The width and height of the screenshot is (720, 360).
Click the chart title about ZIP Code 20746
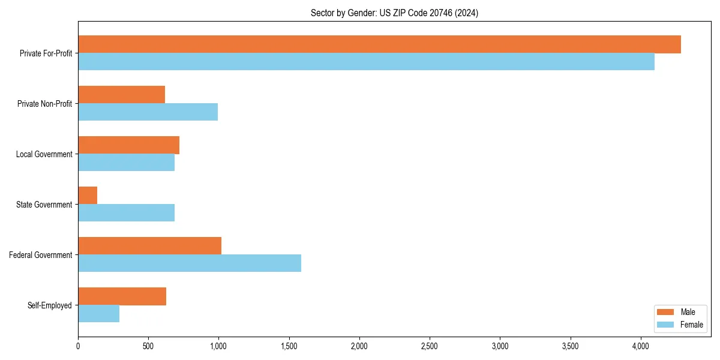pos(394,13)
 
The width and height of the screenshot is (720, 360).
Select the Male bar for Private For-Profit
pos(379,44)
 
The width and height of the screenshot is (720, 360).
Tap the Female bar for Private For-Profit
pos(366,62)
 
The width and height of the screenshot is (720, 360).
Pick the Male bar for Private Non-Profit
pos(121,95)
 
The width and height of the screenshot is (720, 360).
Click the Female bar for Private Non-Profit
pos(148,112)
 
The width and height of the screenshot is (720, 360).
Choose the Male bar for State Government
pos(88,196)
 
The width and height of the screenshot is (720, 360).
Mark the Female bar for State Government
pos(126,213)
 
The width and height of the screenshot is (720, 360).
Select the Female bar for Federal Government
pos(190,263)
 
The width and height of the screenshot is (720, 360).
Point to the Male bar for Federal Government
pos(149,246)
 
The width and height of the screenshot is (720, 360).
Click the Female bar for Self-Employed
pos(98,314)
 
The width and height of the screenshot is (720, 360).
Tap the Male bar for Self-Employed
pos(122,296)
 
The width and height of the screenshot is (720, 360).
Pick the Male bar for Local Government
pos(128,145)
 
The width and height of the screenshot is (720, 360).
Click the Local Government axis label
pos(44,154)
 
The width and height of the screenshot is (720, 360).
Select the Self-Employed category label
pos(49,305)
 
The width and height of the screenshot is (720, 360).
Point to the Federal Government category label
pos(40,255)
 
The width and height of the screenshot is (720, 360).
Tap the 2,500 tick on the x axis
pos(430,346)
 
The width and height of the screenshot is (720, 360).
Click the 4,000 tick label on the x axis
pos(641,346)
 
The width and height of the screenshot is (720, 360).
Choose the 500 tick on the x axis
pos(148,346)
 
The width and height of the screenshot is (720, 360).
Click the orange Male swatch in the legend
pos(666,312)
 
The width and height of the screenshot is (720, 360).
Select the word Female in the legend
pos(692,325)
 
